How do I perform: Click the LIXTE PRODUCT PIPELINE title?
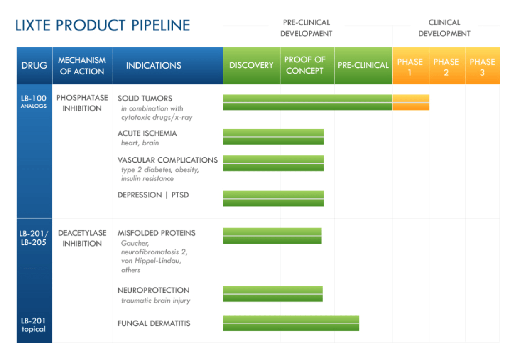(x=103, y=25)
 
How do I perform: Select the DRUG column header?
(x=34, y=65)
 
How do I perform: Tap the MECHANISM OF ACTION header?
(x=82, y=66)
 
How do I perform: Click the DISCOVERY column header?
(x=251, y=65)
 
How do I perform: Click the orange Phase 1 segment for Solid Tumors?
(x=411, y=102)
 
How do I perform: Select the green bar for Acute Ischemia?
(x=273, y=137)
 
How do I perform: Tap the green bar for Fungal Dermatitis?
(x=291, y=323)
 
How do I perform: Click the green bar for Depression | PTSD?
(x=273, y=198)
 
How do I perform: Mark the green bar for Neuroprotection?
(x=273, y=294)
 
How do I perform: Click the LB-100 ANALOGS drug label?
(x=34, y=101)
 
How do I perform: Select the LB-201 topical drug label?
(x=33, y=325)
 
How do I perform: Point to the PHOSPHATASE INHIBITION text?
(x=82, y=103)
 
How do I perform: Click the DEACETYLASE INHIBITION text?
(x=82, y=238)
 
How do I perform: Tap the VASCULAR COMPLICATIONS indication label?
(x=168, y=160)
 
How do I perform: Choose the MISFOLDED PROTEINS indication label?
(x=156, y=233)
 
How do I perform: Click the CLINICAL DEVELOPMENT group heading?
(x=444, y=28)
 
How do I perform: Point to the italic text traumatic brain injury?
(x=156, y=301)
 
